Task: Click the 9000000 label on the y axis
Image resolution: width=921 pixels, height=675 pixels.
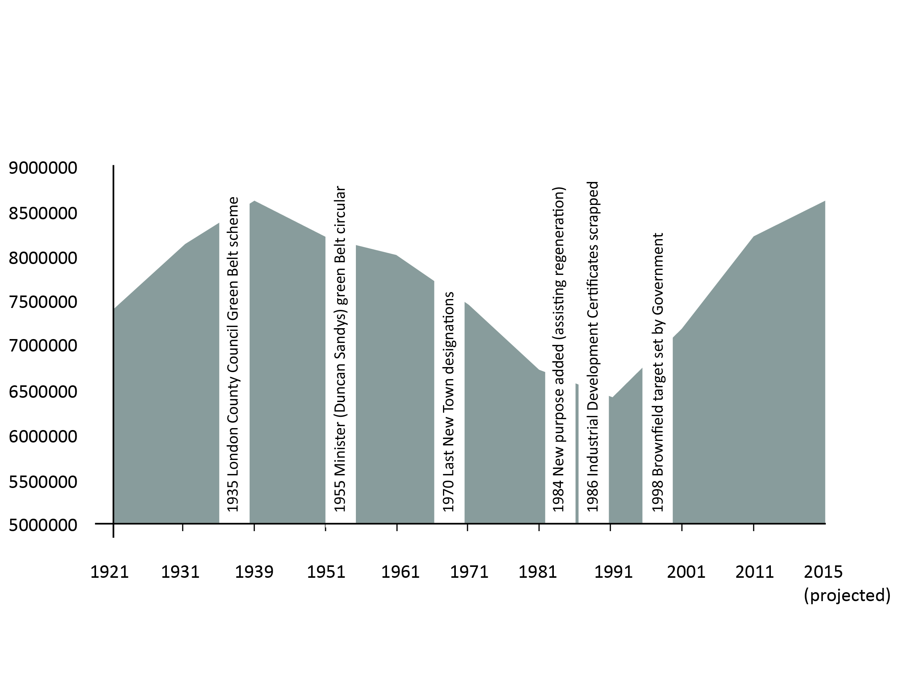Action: click(x=43, y=168)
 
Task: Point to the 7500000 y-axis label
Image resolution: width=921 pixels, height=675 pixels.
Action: click(x=43, y=302)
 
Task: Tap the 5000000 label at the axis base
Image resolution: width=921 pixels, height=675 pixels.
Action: click(x=43, y=525)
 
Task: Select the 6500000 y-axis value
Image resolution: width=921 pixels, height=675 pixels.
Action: click(x=43, y=392)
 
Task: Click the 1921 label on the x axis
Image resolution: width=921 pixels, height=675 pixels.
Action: click(x=110, y=572)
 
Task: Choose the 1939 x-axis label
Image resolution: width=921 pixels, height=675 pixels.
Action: click(x=254, y=572)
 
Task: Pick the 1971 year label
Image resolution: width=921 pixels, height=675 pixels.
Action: click(x=469, y=572)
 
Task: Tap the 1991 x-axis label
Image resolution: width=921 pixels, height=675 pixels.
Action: click(x=613, y=572)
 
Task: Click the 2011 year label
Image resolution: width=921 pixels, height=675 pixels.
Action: click(x=755, y=572)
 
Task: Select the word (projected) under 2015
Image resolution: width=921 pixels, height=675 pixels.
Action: click(x=847, y=595)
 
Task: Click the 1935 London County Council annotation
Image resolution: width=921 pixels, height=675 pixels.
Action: click(x=233, y=354)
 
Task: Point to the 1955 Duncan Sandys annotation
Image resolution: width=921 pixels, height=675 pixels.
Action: click(x=340, y=349)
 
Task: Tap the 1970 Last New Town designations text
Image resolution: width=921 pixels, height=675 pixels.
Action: click(x=449, y=402)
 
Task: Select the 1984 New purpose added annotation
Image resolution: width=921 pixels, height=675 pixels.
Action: click(x=558, y=349)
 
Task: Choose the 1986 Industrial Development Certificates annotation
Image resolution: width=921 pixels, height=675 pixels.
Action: click(x=592, y=346)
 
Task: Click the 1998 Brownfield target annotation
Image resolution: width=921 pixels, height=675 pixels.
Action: click(x=657, y=372)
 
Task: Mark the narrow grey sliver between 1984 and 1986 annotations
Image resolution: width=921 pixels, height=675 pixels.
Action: click(x=577, y=453)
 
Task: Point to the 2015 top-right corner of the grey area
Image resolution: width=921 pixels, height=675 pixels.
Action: click(x=825, y=201)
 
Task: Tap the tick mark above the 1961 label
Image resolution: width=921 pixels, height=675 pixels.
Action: click(x=397, y=528)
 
